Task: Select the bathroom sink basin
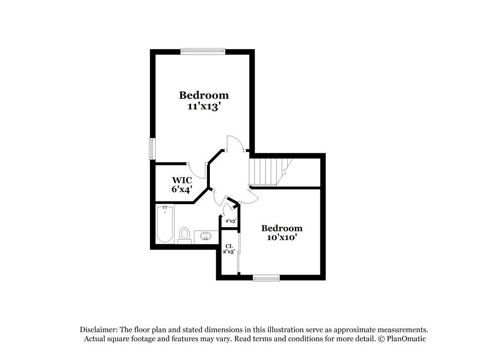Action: tap(204, 236)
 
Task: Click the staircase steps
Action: tap(267, 171)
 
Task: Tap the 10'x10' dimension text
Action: tap(281, 238)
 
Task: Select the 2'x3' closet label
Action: tap(231, 221)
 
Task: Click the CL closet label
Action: tap(229, 246)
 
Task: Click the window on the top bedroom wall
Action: tap(203, 51)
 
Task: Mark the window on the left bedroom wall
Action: tap(152, 148)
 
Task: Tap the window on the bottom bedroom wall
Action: tap(266, 278)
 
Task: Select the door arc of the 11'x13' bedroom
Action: tap(235, 144)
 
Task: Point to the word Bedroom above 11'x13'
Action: tap(203, 95)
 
